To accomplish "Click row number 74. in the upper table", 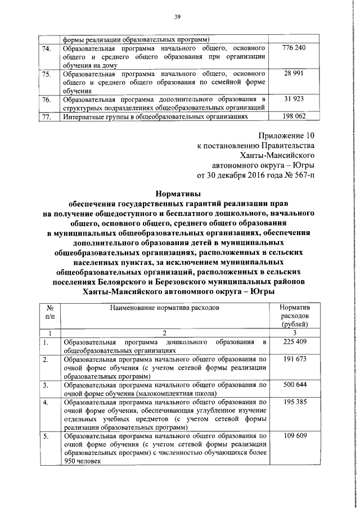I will tap(47, 49).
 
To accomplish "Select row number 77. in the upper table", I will tap(47, 117).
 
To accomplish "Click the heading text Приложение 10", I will tap(286, 136).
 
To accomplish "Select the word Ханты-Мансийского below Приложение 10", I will tap(276, 155).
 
